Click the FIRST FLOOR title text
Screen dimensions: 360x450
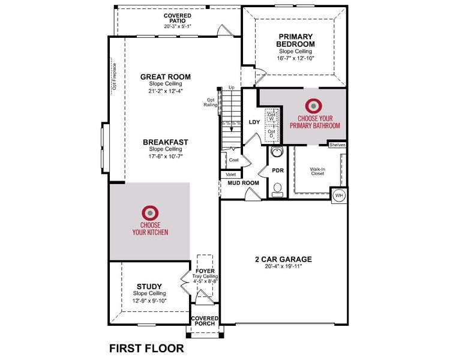[146, 348]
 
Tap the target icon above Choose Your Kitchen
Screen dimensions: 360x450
[150, 212]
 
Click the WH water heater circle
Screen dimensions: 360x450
[338, 196]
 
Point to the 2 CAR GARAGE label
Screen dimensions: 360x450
[283, 260]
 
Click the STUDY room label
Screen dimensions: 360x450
[149, 286]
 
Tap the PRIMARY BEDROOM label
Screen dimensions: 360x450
[295, 40]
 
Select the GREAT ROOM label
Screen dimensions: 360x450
[166, 77]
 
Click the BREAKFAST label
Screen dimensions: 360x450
[166, 142]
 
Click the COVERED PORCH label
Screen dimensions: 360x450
[204, 322]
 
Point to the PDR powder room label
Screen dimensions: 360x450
[278, 170]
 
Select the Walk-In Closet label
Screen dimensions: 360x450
[317, 172]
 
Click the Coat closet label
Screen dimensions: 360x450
[234, 160]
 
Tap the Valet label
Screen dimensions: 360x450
[230, 175]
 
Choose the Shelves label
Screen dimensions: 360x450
[337, 145]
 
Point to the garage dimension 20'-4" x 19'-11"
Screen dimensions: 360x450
[283, 268]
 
